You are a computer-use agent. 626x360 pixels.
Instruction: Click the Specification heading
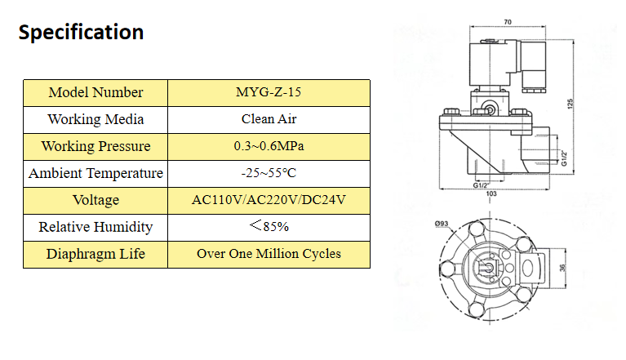[x=81, y=33]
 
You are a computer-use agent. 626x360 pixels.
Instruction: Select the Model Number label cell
[x=95, y=92]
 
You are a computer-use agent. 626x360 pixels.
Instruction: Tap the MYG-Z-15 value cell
[x=269, y=92]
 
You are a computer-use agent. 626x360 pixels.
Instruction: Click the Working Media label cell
[x=95, y=119]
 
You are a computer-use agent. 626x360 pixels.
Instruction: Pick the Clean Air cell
[x=269, y=119]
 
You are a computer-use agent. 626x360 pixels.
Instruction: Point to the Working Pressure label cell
[x=95, y=146]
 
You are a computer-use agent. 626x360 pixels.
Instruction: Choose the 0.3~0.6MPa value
[x=269, y=146]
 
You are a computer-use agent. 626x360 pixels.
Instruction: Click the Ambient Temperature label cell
[x=95, y=173]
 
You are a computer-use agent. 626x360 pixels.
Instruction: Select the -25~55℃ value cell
[x=269, y=173]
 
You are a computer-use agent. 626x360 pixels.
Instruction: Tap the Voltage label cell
[x=95, y=200]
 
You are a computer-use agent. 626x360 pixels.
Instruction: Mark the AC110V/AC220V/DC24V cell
[x=269, y=200]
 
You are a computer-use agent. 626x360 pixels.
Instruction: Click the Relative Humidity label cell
[x=95, y=227]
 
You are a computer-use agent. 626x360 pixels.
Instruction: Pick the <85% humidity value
[x=269, y=226]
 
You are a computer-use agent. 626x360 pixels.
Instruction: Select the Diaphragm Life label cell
[x=95, y=254]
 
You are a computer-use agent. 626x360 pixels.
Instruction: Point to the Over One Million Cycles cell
[x=269, y=254]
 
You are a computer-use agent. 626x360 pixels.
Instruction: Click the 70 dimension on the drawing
[x=507, y=22]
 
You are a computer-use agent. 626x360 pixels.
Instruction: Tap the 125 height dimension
[x=571, y=104]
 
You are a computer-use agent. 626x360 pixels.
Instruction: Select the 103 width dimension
[x=491, y=194]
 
